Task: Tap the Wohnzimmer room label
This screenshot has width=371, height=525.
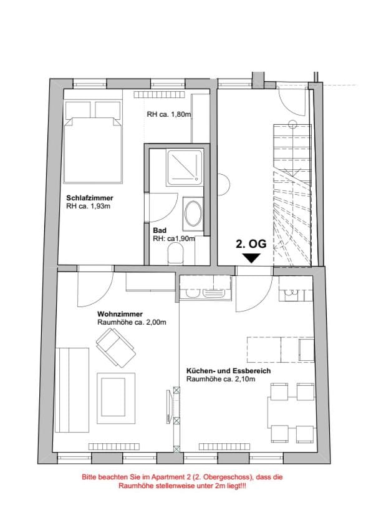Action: pyautogui.click(x=120, y=314)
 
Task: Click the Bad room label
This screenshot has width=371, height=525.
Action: pyautogui.click(x=159, y=230)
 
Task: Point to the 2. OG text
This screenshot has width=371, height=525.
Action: pyautogui.click(x=252, y=244)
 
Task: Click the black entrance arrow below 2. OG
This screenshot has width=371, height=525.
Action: pyautogui.click(x=252, y=257)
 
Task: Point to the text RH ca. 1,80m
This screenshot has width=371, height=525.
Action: pyautogui.click(x=169, y=114)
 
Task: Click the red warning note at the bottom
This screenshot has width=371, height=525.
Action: pyautogui.click(x=185, y=480)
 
